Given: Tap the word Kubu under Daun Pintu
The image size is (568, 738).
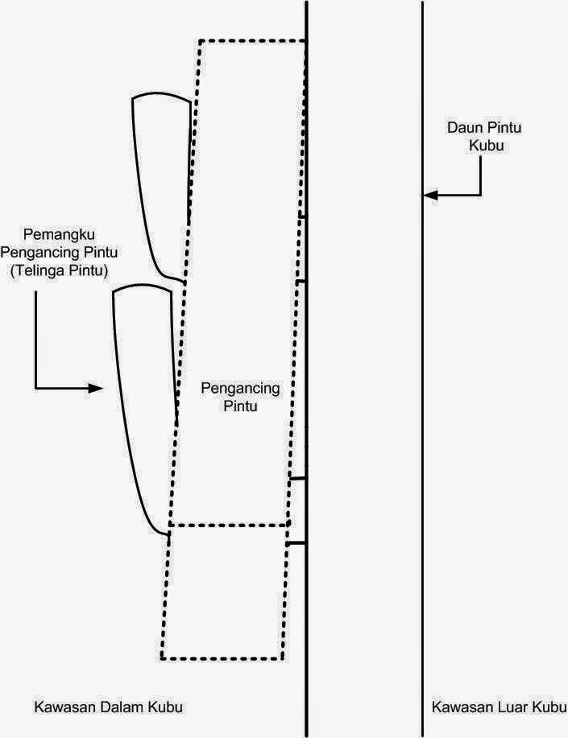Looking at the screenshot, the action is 480,146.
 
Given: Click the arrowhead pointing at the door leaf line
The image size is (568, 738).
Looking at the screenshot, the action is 429,195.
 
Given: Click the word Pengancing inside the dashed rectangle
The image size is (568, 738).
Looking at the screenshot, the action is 239,390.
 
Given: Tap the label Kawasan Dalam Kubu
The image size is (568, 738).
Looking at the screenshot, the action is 108,707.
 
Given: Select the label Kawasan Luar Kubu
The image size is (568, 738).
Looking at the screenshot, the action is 498,707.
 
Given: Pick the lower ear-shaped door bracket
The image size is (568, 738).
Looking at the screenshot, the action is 143,402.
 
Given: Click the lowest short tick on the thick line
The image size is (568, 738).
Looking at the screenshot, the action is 296,543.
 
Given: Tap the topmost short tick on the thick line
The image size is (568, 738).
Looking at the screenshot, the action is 302,216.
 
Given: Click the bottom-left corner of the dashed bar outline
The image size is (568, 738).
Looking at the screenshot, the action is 162,659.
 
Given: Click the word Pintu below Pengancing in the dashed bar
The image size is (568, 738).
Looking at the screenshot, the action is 239,406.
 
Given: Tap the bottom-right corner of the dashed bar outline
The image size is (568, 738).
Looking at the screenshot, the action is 282,659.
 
